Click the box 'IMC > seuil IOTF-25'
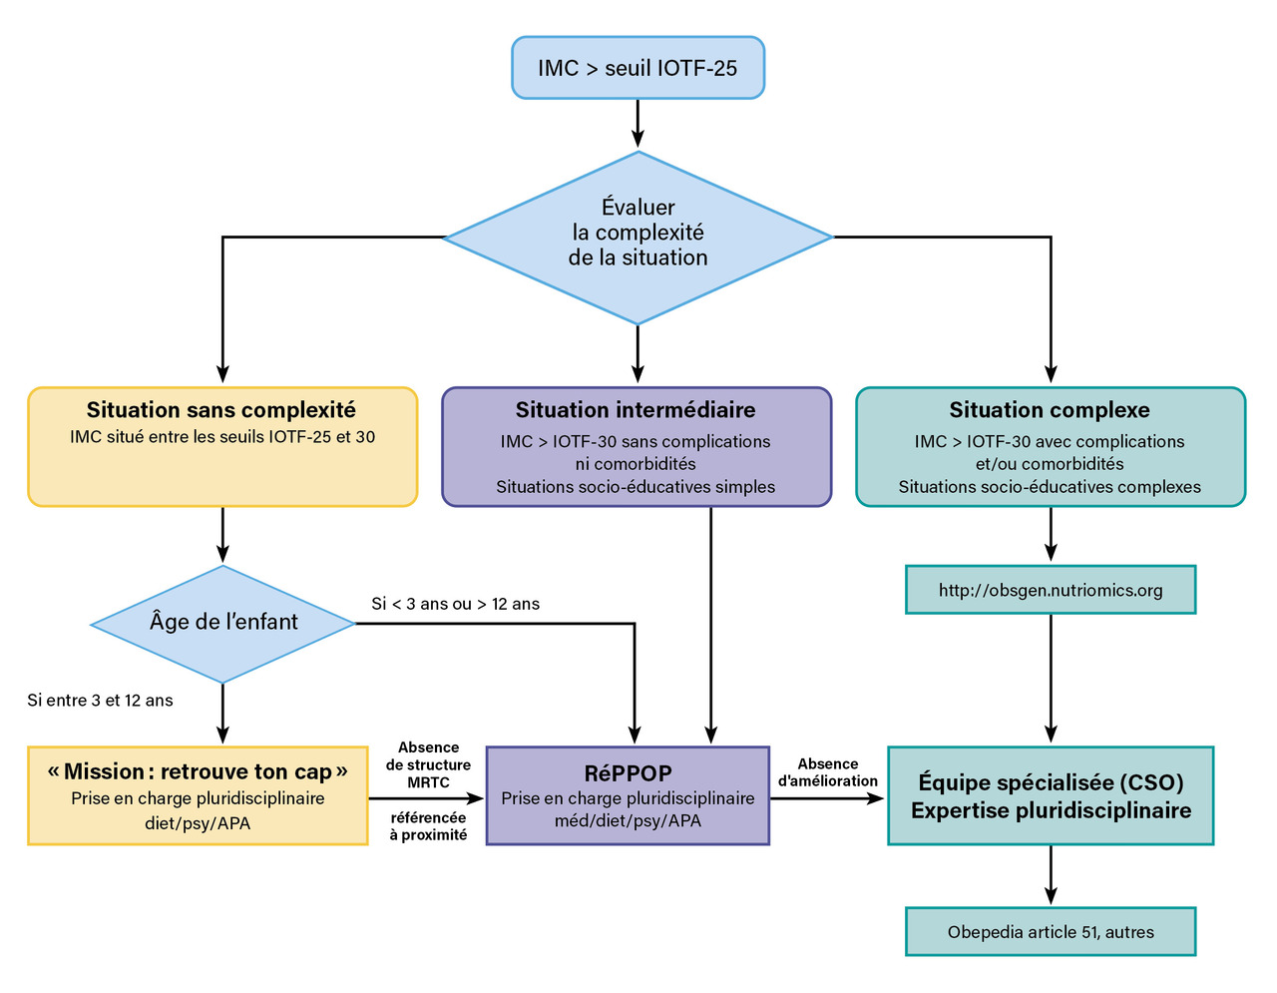coord(638,68)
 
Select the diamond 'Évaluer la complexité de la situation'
coord(638,238)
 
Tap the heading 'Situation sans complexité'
coord(220,409)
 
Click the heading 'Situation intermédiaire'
coord(636,409)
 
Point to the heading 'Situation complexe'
coord(1050,409)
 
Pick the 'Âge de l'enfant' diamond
coord(222,624)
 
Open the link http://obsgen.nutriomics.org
coord(1051,590)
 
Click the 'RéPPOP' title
coord(628,773)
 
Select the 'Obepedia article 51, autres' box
coord(1051,932)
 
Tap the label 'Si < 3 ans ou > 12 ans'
coord(456,604)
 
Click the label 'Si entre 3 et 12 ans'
coord(100,701)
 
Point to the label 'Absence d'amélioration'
coord(827,772)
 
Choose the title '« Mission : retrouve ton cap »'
coord(198,771)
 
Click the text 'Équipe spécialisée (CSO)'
coord(1051,782)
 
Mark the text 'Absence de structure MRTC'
coord(428,765)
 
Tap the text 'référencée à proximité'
coord(428,826)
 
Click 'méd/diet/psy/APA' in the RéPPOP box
coord(628,820)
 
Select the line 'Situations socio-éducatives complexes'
coord(1050,486)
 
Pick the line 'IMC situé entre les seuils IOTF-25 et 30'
coord(222,436)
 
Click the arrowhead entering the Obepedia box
coord(1051,895)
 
